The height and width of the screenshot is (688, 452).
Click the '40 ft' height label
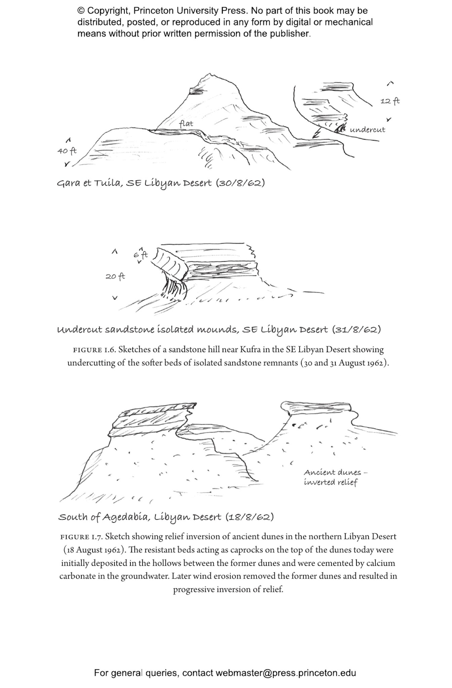click(x=67, y=151)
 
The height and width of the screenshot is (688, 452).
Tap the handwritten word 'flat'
click(x=186, y=124)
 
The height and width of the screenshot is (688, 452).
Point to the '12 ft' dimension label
click(x=390, y=101)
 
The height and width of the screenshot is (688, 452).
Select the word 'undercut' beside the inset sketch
click(x=368, y=130)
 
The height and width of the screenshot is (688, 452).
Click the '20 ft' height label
click(x=115, y=276)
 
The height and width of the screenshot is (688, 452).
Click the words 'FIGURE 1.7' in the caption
click(x=81, y=537)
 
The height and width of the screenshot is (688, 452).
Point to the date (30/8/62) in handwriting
click(x=240, y=183)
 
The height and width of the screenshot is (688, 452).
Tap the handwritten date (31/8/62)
click(x=356, y=330)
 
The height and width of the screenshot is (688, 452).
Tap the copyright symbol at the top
click(x=81, y=11)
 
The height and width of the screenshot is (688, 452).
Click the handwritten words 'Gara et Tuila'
click(x=89, y=183)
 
